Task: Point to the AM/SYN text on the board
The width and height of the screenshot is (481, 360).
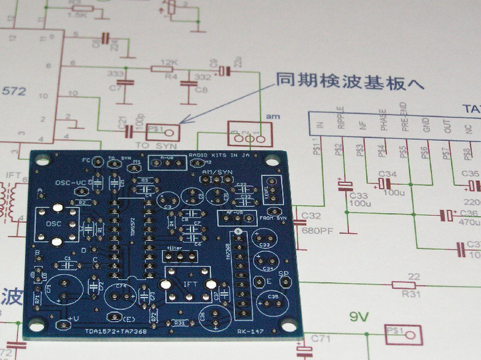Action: (217, 172)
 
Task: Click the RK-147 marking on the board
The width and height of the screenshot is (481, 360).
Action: (251, 332)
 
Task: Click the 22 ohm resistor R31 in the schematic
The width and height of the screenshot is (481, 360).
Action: (414, 286)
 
